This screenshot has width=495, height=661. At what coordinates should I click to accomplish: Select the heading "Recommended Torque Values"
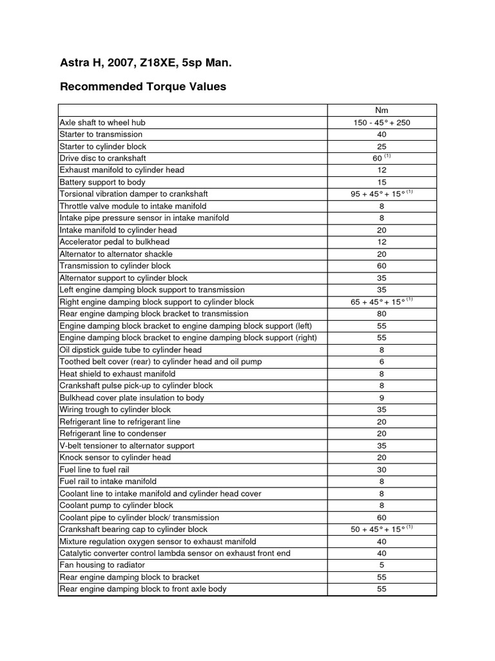click(142, 86)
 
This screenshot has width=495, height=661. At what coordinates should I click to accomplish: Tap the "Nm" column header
click(382, 110)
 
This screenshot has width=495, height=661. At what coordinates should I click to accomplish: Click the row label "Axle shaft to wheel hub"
click(107, 122)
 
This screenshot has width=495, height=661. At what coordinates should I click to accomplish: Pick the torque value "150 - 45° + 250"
click(382, 122)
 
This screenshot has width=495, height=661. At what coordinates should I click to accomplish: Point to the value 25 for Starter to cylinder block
click(382, 146)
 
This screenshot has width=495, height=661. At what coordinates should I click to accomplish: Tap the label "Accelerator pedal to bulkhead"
click(114, 242)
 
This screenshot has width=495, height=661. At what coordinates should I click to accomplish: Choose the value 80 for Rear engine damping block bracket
click(382, 314)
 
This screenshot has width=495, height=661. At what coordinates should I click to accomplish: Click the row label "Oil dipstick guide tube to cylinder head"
click(131, 350)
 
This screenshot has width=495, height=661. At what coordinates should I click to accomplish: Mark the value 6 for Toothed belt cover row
click(382, 361)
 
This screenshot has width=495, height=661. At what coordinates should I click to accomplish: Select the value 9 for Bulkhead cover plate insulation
click(382, 398)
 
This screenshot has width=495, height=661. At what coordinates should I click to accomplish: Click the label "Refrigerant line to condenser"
click(113, 434)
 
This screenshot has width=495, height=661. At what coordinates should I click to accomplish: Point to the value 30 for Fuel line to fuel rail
click(382, 469)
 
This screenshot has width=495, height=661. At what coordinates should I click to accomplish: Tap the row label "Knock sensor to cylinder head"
click(115, 458)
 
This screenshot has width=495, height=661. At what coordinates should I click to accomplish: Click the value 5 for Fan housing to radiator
click(382, 565)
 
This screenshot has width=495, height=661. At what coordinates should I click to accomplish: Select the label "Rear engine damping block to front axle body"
click(143, 589)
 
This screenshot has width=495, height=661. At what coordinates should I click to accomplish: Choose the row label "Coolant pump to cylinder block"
click(117, 505)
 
